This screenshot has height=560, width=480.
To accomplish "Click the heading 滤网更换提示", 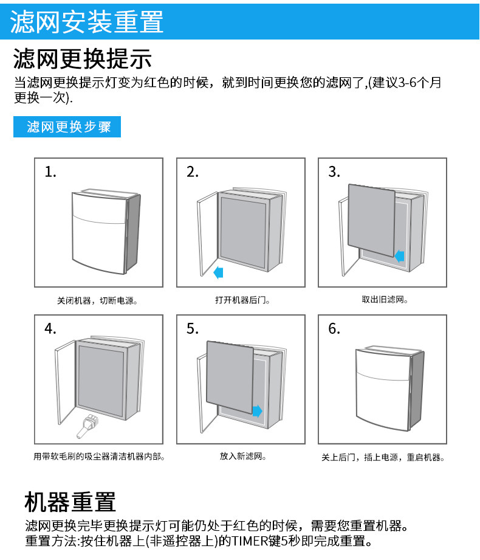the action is (x=82, y=60).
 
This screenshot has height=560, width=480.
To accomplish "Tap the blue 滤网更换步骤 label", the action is (x=67, y=127).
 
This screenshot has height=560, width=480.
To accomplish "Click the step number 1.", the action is (x=50, y=172).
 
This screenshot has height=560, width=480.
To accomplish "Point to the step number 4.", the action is (x=50, y=329).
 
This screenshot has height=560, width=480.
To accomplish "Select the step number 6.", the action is (x=334, y=329).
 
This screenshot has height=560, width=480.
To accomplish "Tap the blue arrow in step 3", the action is (x=399, y=256).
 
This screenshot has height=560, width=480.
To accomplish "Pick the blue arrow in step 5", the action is (x=257, y=411).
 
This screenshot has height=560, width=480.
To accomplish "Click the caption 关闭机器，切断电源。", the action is (x=97, y=300).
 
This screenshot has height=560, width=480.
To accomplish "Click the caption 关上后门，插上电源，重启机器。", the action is (x=383, y=457).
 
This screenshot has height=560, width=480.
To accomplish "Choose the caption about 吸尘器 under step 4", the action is (x=99, y=456).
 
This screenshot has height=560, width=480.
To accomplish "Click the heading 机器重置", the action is (x=70, y=502).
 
